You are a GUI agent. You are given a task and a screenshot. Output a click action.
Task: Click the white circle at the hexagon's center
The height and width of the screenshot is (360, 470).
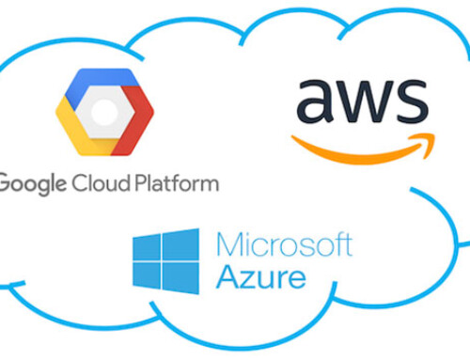[x=106, y=110]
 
